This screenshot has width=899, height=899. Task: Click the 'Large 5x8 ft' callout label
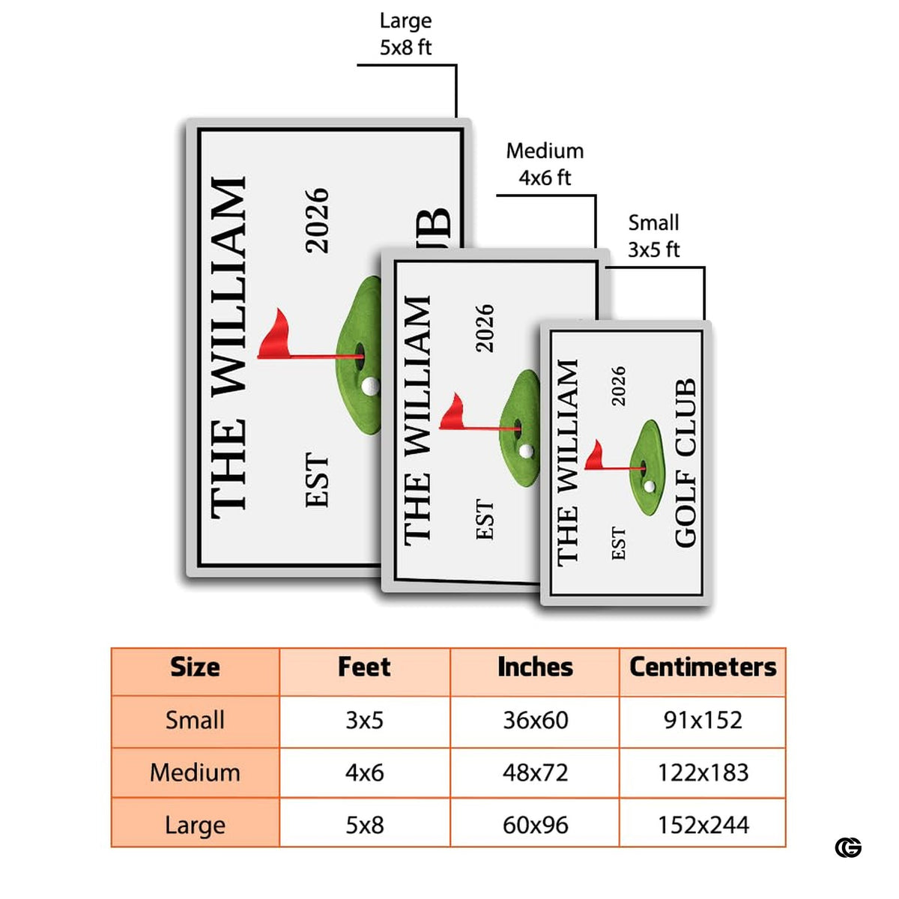[x=405, y=34]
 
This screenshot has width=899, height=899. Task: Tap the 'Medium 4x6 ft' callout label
[x=545, y=164]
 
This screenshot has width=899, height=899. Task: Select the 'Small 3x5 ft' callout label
[x=653, y=236]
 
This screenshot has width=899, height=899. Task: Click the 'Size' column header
[x=195, y=667]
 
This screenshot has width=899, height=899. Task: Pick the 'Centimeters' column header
[x=703, y=667]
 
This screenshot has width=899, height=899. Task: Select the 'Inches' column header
[x=535, y=667]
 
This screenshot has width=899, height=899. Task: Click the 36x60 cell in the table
[x=535, y=720]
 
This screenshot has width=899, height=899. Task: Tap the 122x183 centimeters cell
[x=703, y=772]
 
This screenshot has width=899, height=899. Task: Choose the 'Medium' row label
[x=195, y=772]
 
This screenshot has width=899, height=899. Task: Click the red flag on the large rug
[x=276, y=335]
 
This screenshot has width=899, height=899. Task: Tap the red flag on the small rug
[x=593, y=455]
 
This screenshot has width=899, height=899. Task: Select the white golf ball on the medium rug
[x=526, y=451]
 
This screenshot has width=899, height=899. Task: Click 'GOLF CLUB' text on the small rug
[x=685, y=462]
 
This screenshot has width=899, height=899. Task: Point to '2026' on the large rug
[x=317, y=221]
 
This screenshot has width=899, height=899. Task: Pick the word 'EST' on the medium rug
[x=484, y=520]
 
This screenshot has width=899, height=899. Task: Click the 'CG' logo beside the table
[x=848, y=861]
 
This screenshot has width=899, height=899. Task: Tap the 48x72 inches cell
[x=535, y=772]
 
